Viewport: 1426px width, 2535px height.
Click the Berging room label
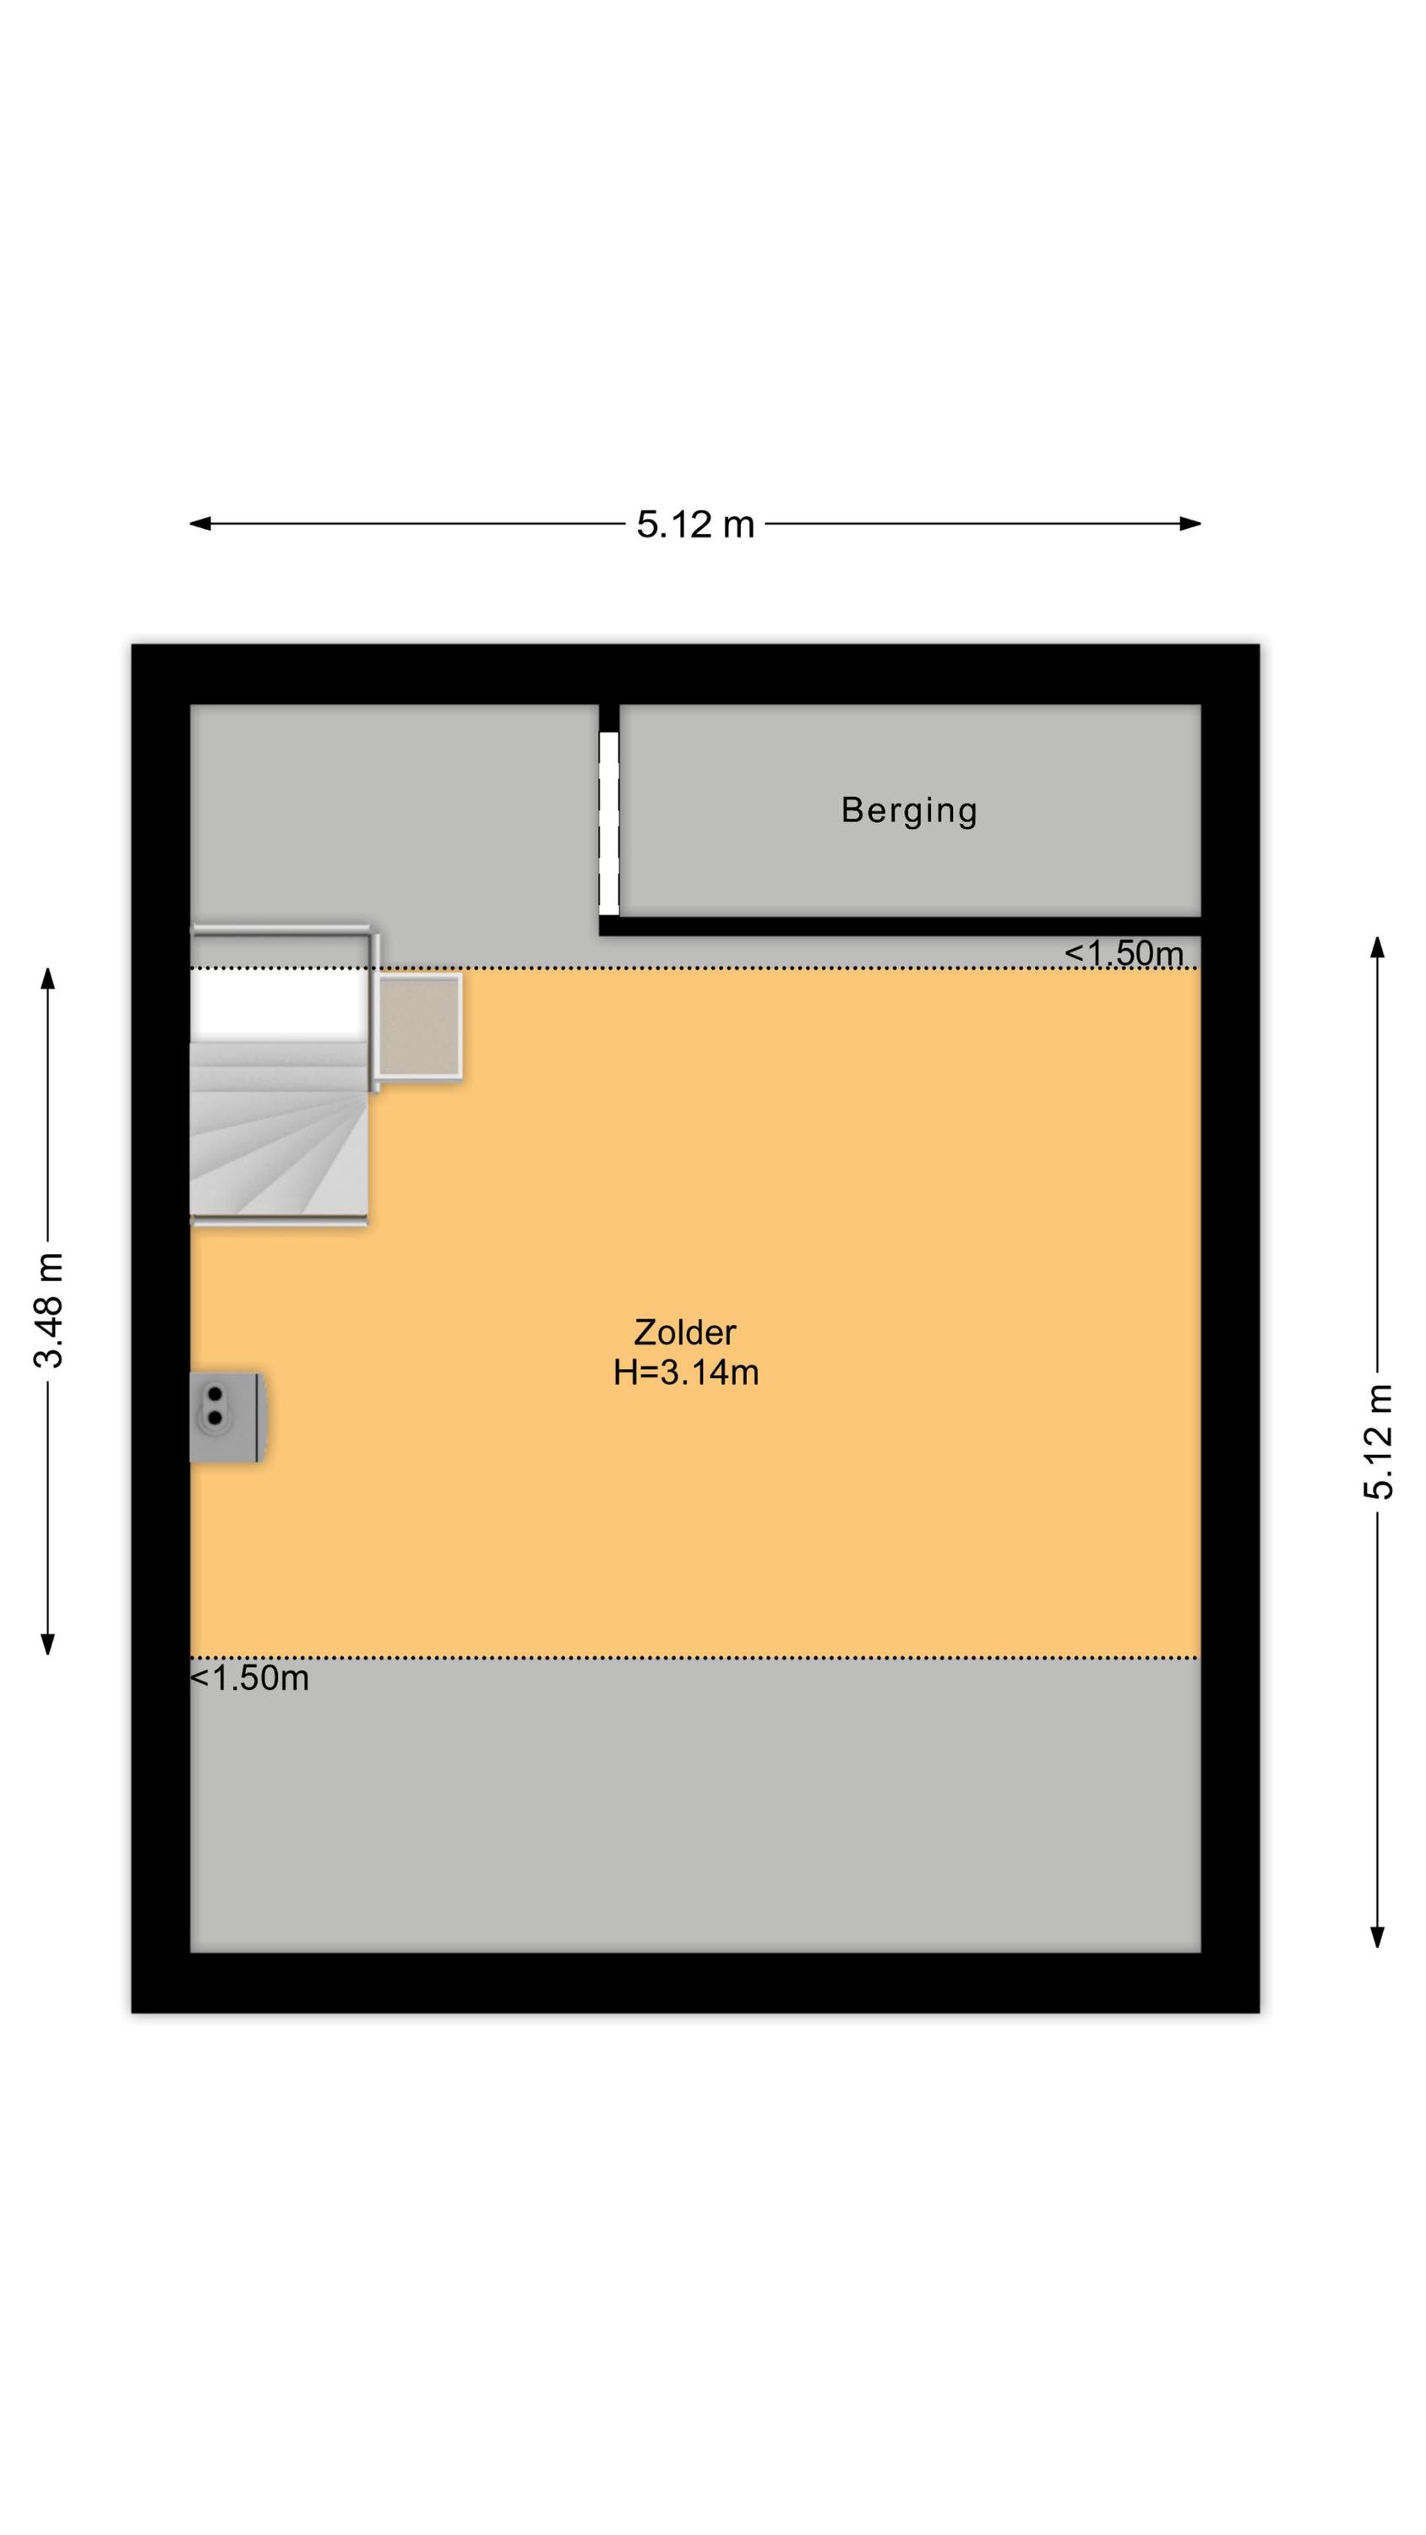(908, 811)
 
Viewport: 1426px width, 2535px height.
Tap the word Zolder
(684, 1333)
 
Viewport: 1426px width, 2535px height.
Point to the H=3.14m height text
(686, 1373)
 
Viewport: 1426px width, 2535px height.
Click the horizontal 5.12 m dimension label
(694, 525)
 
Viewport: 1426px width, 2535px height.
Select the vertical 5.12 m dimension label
(1379, 1442)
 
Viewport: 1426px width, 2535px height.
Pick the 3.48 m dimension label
(48, 1310)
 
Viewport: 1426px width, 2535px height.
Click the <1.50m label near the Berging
(1124, 952)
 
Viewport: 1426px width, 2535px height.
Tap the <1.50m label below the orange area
(249, 1678)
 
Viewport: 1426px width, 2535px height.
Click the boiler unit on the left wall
(227, 1417)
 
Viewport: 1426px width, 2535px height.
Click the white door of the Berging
(609, 823)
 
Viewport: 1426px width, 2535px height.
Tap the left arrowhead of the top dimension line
(199, 525)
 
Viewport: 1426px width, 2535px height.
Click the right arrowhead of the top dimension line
(1191, 525)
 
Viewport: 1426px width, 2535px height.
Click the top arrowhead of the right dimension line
(1378, 946)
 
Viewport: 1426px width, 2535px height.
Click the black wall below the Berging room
(901, 926)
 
